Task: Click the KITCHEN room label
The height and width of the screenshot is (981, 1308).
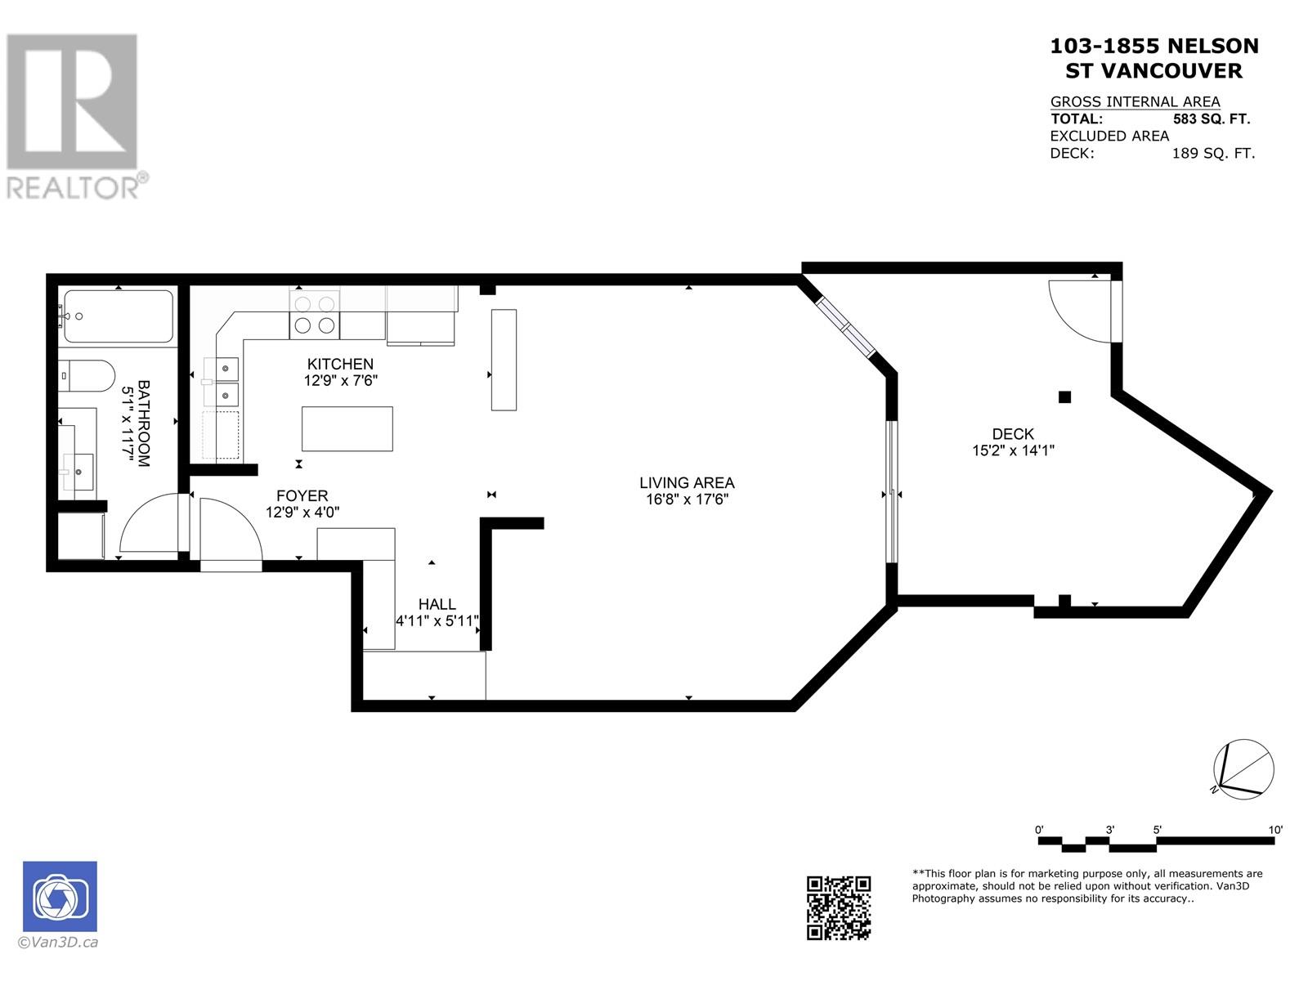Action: [x=340, y=364]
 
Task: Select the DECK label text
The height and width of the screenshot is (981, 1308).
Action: [x=1013, y=434]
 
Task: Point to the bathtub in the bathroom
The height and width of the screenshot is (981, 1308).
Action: [x=119, y=316]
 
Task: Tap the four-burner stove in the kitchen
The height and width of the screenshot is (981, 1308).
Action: [x=315, y=314]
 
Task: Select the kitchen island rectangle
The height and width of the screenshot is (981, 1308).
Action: [x=347, y=428]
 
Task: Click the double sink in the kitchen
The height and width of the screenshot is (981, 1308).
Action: [x=222, y=381]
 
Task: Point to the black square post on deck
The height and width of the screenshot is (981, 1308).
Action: [x=1064, y=397]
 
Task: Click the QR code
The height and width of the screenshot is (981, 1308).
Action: [x=839, y=907]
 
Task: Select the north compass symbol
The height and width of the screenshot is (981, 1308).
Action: [x=1243, y=768]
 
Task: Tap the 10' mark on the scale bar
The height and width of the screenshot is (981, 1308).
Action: [x=1275, y=830]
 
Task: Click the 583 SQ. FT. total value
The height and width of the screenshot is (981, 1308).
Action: [x=1212, y=119]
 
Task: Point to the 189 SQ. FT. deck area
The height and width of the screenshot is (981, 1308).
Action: [x=1213, y=153]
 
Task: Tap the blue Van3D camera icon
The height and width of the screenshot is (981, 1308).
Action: [x=60, y=896]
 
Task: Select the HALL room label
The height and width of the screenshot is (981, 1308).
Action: [x=437, y=604]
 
